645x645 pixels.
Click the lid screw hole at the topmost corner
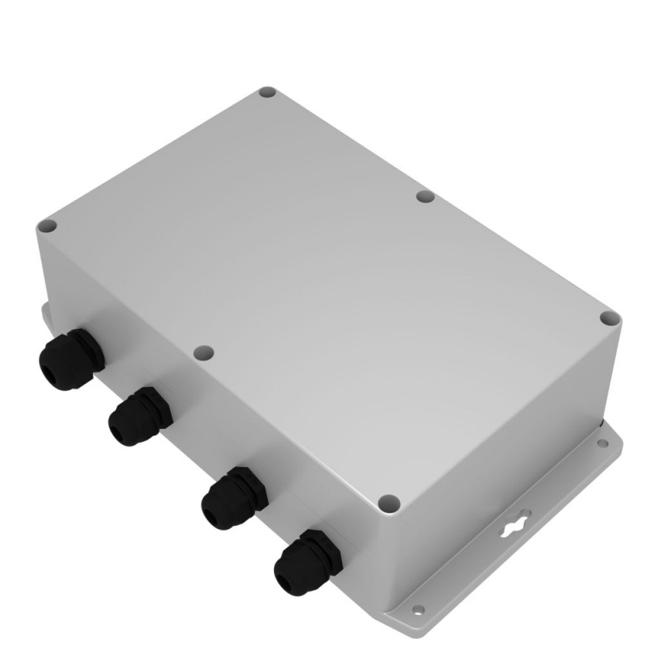(x=268, y=94)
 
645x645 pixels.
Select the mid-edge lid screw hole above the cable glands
(x=204, y=352)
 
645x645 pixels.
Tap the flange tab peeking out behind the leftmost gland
(x=42, y=310)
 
